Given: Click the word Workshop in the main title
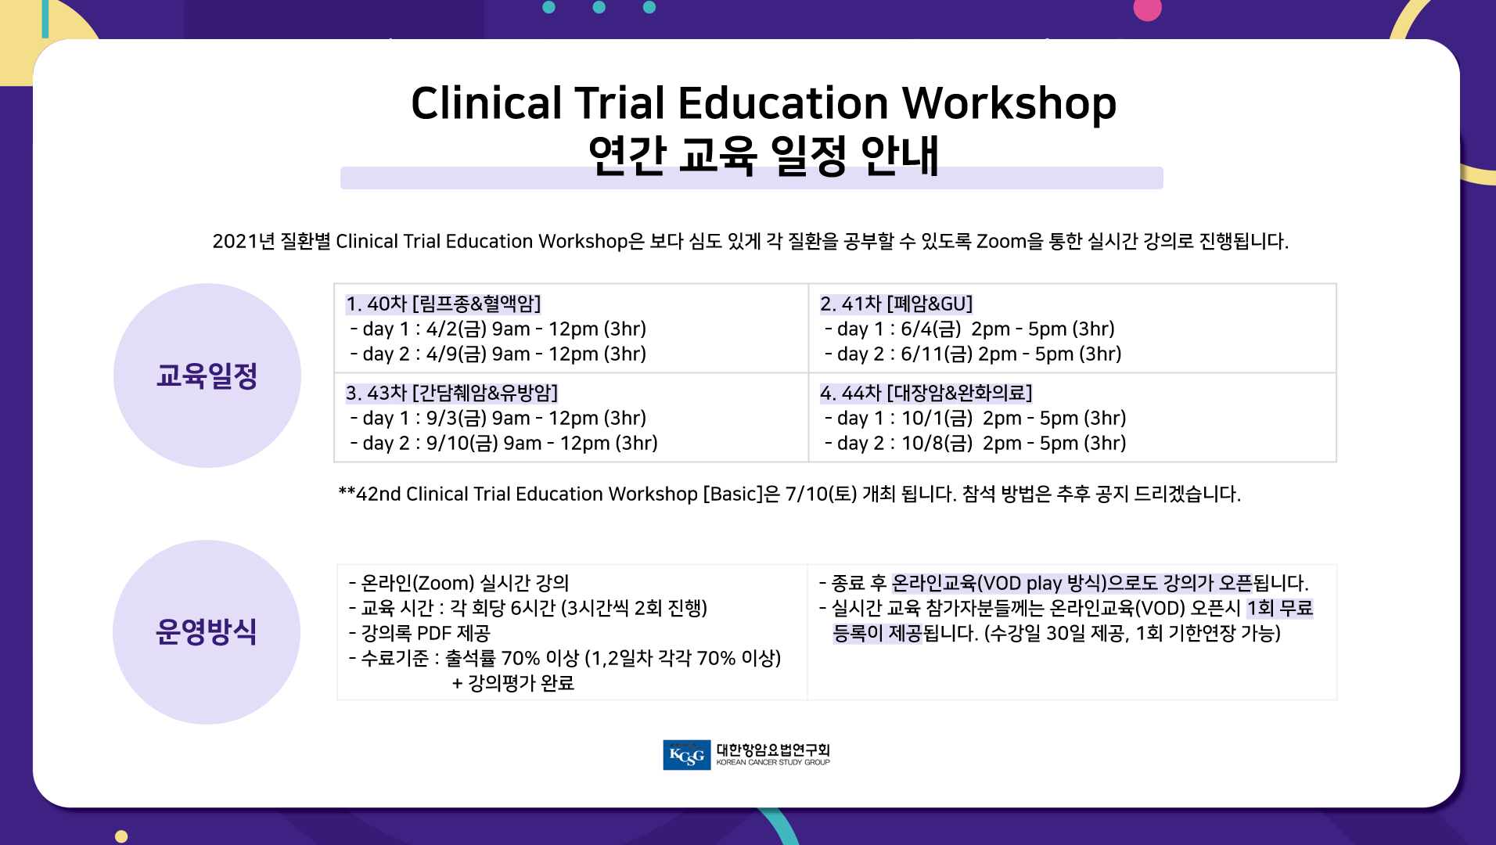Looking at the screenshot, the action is [1009, 105].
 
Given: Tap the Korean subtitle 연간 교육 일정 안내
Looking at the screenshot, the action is [763, 155].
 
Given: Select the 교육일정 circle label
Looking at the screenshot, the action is [207, 376].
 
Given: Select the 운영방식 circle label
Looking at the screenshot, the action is [207, 631].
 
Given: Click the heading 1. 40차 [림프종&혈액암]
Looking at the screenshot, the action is [444, 304].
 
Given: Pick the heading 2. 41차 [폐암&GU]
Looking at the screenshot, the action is [897, 304].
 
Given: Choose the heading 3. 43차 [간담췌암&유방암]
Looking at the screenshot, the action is [452, 393].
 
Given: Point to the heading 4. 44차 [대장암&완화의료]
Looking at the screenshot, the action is [926, 393].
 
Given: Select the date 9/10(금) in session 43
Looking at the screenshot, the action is [462, 443].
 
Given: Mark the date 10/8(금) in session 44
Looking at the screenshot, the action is [937, 443].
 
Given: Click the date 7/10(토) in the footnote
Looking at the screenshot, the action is [821, 494].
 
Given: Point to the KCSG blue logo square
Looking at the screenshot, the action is [687, 755].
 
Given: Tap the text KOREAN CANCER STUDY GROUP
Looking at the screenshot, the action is [773, 762].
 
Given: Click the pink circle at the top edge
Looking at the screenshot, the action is [1148, 9].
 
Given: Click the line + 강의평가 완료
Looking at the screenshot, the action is [513, 683].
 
